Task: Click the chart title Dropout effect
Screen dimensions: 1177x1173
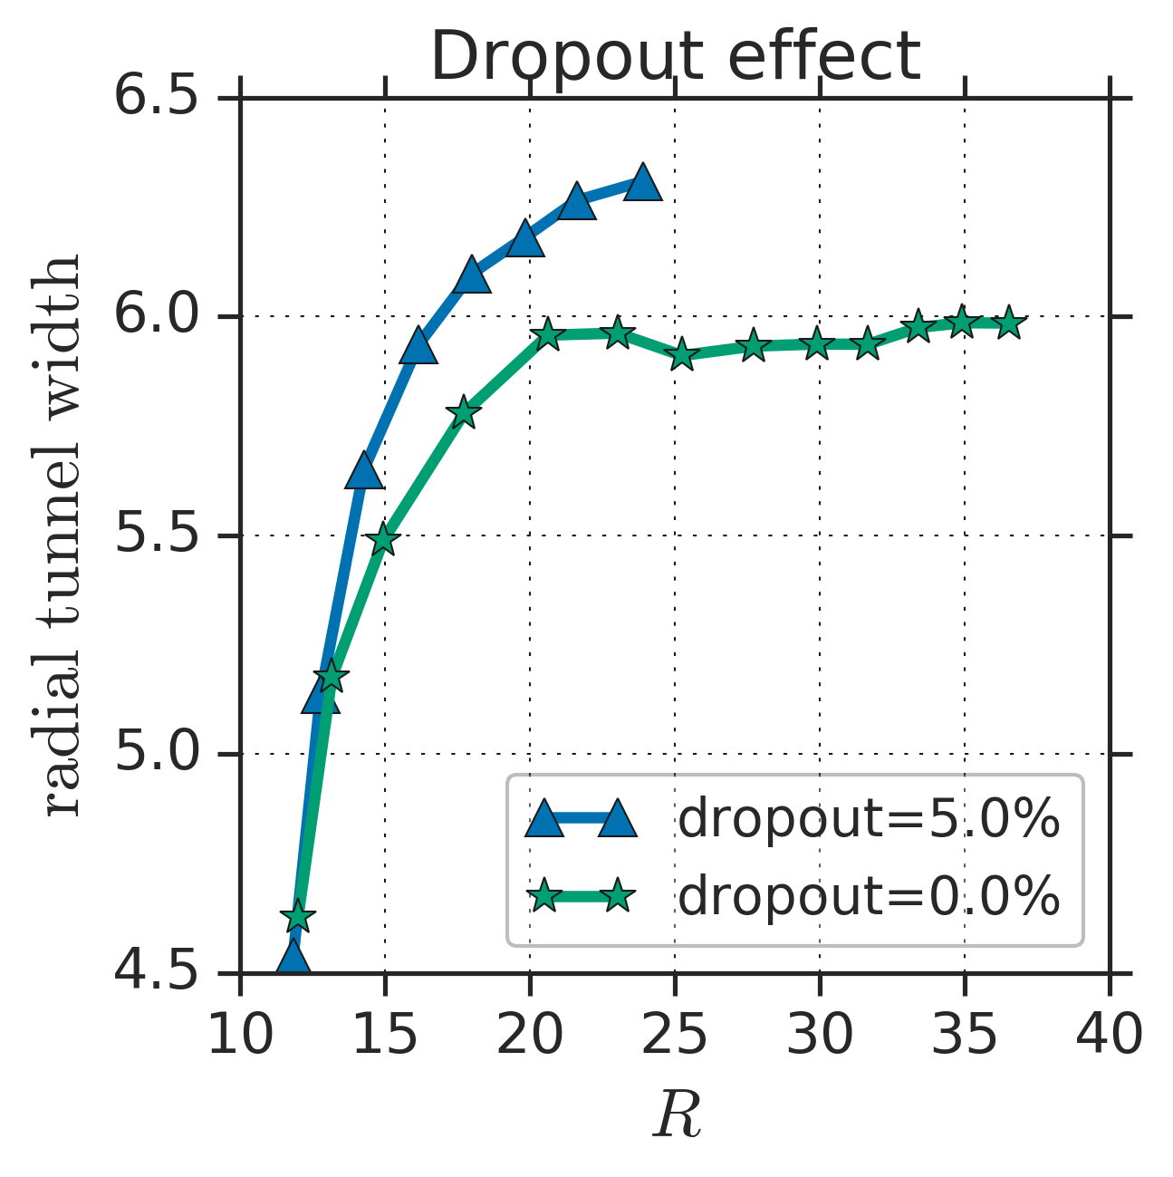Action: (676, 56)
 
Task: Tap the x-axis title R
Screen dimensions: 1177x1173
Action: (678, 1114)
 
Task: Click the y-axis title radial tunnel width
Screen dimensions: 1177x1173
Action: (63, 535)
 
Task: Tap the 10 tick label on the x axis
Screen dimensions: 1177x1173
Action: (240, 1034)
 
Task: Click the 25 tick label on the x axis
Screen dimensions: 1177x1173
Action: (675, 1034)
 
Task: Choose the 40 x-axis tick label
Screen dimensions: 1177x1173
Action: (1110, 1034)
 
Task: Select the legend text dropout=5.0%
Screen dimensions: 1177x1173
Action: (869, 821)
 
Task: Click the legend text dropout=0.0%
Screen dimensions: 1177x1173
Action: (869, 897)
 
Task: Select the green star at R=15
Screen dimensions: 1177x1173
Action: (383, 539)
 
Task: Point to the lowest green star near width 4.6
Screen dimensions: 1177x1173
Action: (298, 917)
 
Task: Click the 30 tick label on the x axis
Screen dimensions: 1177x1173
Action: (820, 1034)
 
